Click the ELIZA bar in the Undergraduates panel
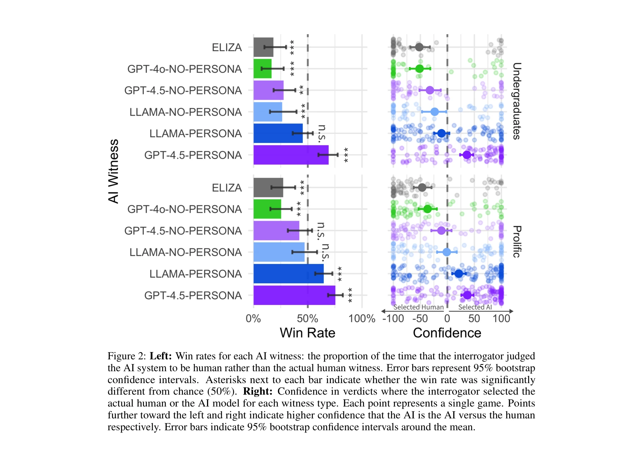click(x=263, y=47)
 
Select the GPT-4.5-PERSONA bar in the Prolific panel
click(x=294, y=295)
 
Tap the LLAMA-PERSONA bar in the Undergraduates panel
click(x=278, y=133)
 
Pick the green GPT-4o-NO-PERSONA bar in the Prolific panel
click(x=267, y=209)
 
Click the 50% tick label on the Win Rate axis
click(x=307, y=319)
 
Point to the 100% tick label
click(x=361, y=319)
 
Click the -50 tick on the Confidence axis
click(x=420, y=319)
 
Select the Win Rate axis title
click(x=307, y=333)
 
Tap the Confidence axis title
click(x=447, y=333)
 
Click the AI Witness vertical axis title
click(x=113, y=171)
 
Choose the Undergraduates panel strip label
click(x=517, y=101)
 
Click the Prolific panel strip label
click(x=517, y=242)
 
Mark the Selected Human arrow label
click(x=418, y=307)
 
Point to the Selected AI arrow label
click(x=475, y=307)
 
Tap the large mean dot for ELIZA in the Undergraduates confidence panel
click(x=419, y=47)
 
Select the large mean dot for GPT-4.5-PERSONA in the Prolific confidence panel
click(x=467, y=295)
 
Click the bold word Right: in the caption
click(x=258, y=391)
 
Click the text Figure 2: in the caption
click(x=127, y=356)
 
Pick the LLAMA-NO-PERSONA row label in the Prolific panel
click(x=185, y=252)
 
